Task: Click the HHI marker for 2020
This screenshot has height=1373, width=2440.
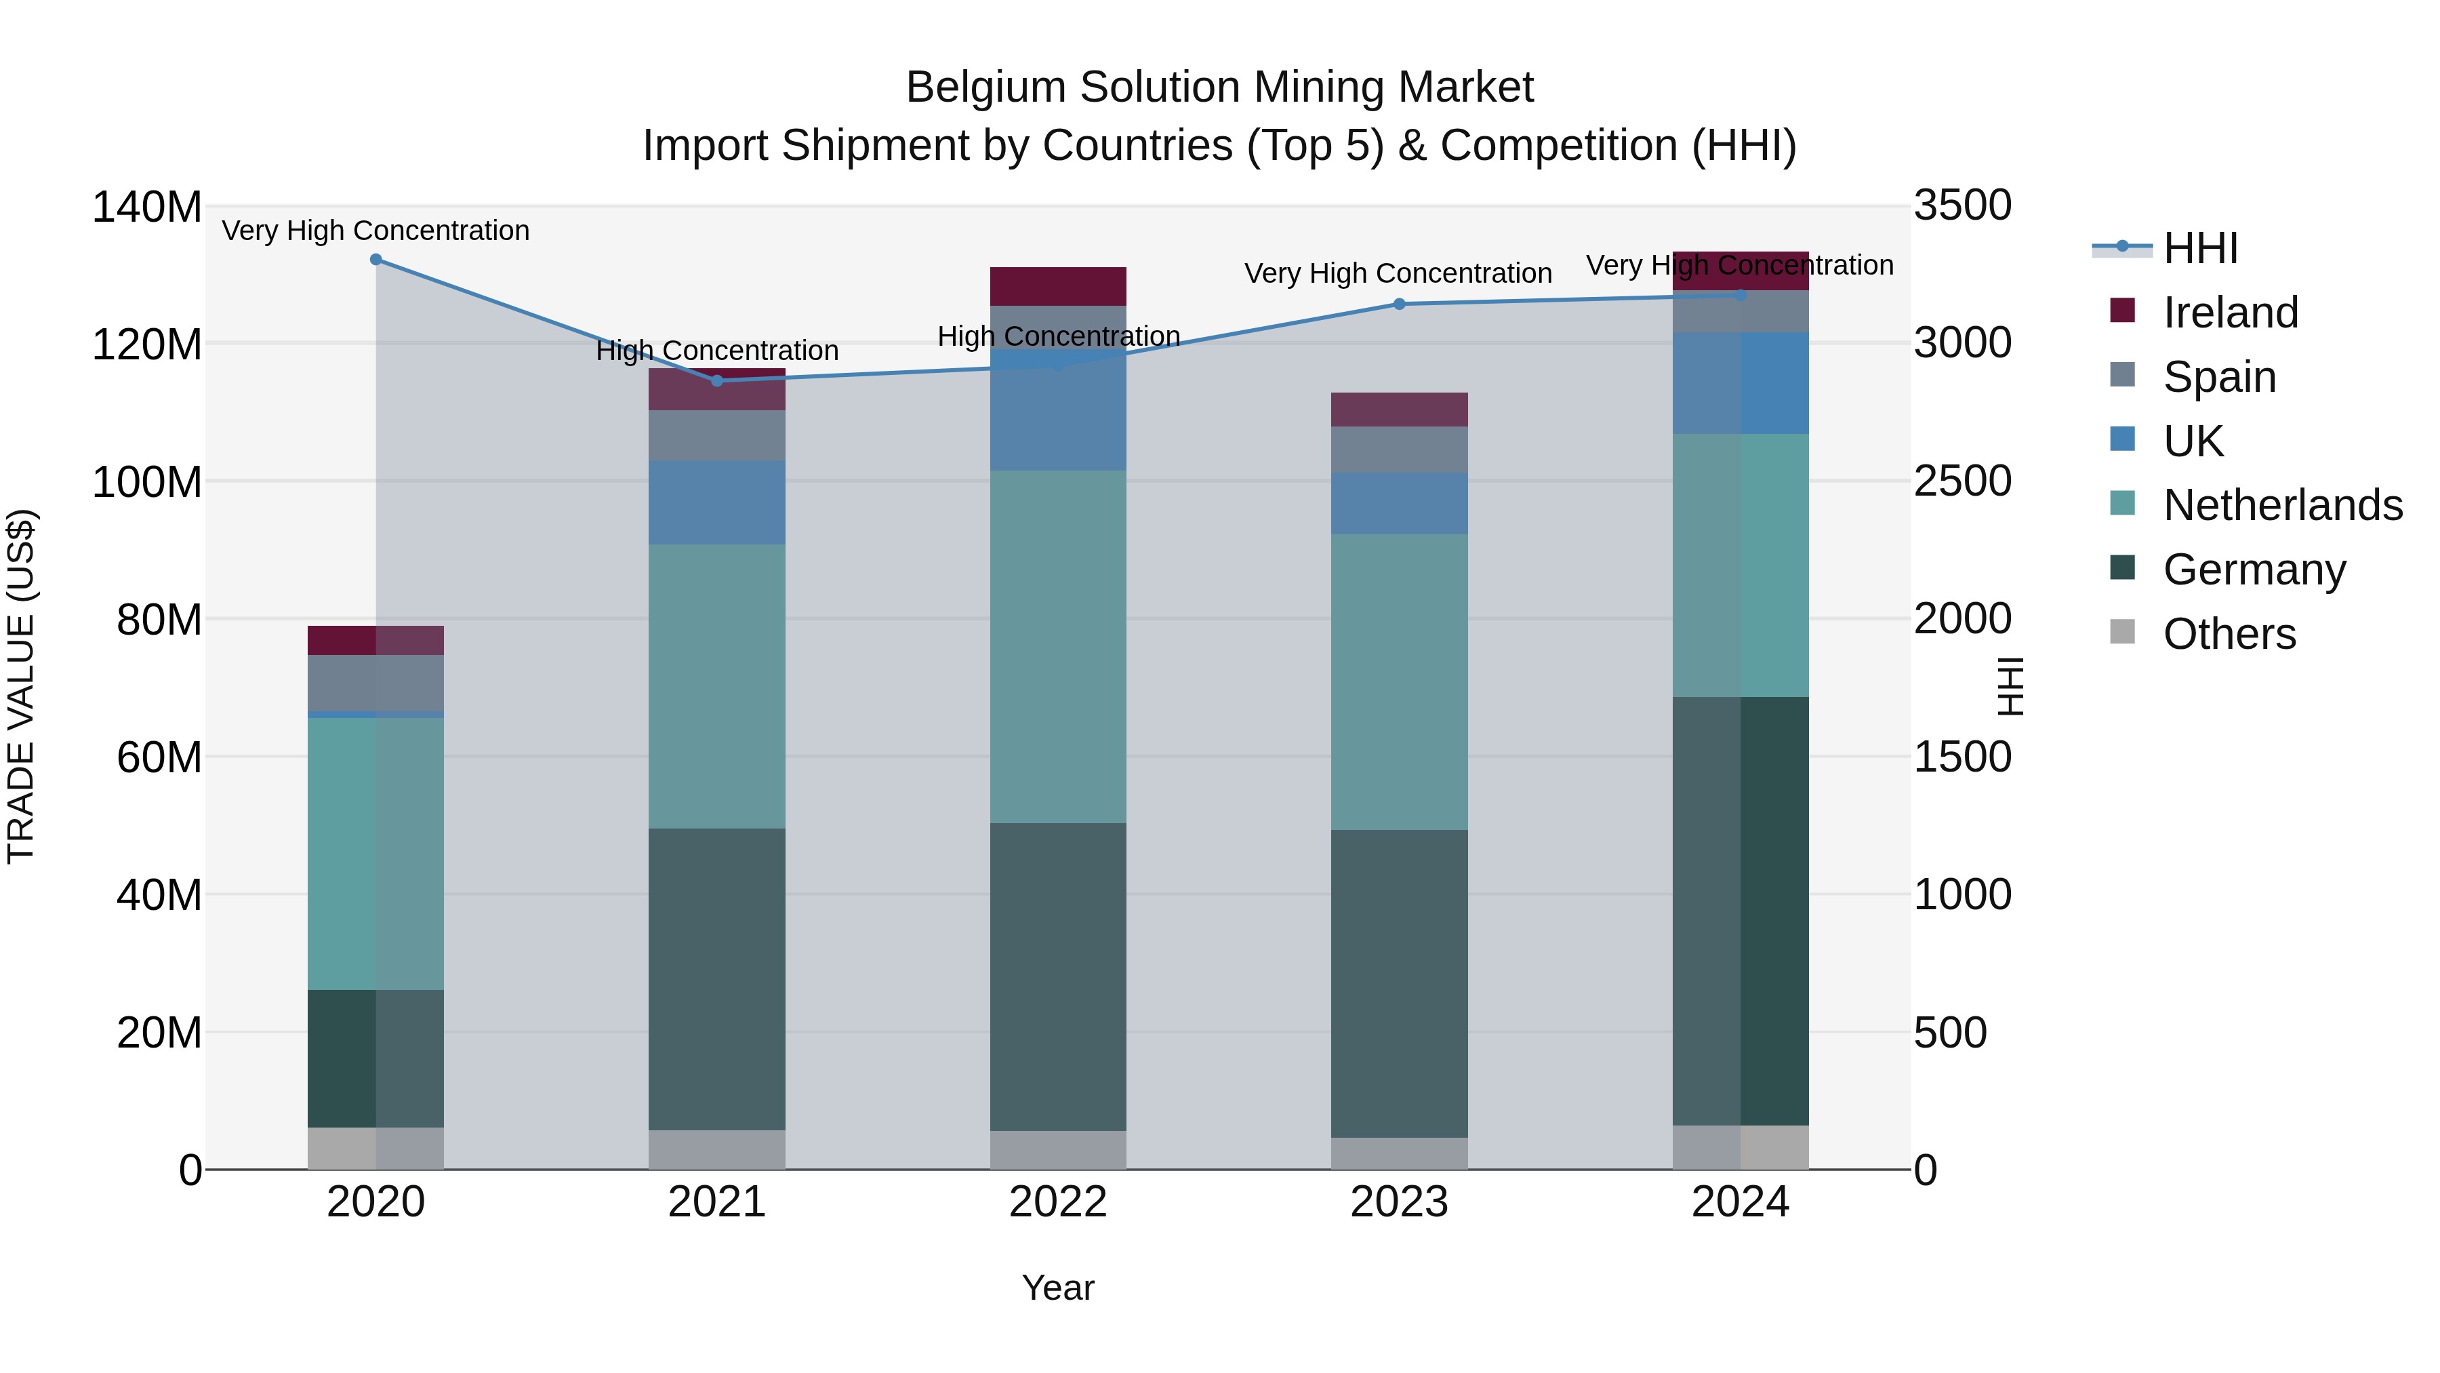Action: pos(376,260)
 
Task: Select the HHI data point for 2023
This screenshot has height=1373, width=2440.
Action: pos(1399,304)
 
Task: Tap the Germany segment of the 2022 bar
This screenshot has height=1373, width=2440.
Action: pos(1058,976)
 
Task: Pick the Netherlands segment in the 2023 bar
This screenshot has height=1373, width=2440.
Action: pos(1399,682)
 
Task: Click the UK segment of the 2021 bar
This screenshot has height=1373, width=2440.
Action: pos(717,502)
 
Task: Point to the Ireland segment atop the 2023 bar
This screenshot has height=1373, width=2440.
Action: pos(1399,410)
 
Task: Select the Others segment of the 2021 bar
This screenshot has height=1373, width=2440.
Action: pos(717,1149)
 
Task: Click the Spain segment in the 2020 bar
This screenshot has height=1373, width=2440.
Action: pos(376,683)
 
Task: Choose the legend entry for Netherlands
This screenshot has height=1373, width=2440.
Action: pos(2283,505)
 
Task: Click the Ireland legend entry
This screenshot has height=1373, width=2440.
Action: pos(2230,313)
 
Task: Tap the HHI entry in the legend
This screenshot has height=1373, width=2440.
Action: pos(2200,248)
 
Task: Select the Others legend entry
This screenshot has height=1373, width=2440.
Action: pos(2229,634)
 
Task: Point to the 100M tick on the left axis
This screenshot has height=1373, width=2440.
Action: pos(147,482)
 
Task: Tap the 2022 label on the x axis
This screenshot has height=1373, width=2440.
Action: pos(1058,1202)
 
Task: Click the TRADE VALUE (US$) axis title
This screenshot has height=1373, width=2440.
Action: pos(21,686)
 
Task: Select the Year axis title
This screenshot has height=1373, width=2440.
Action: pos(1058,1288)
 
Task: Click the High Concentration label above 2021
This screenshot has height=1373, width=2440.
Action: pos(717,351)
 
